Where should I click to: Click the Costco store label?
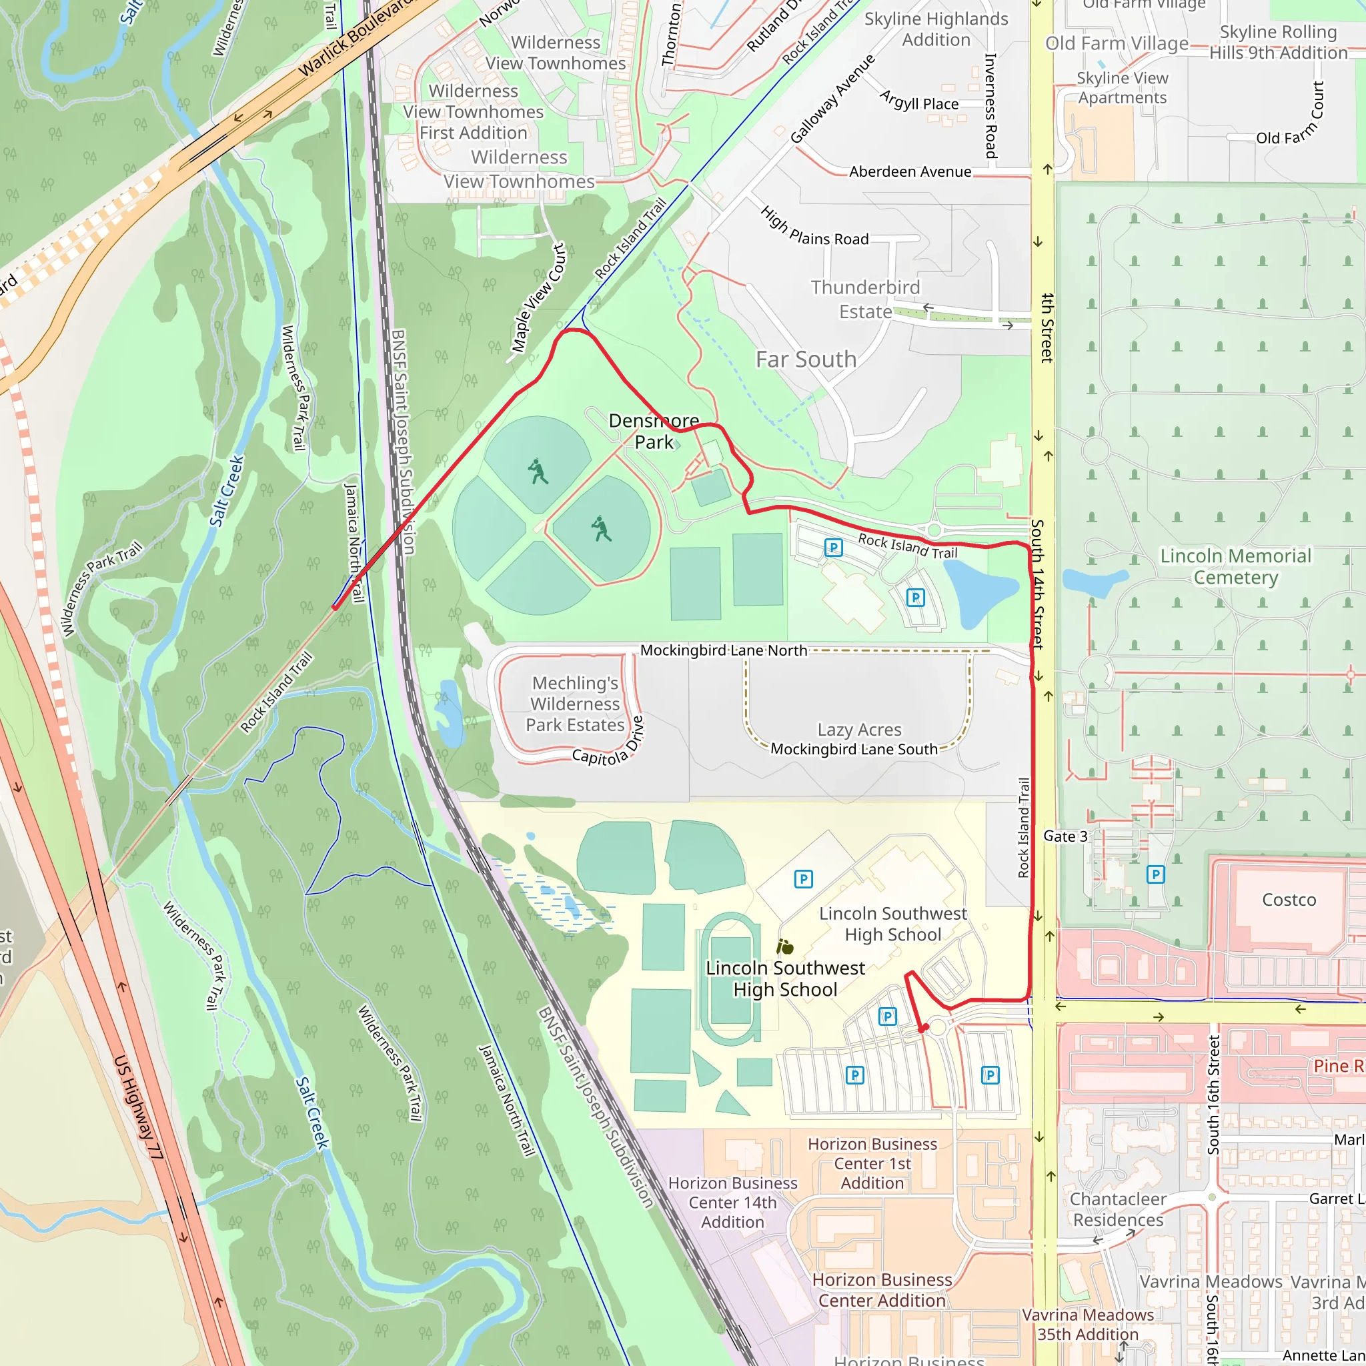tap(1289, 899)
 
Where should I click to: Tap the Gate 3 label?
tap(1065, 836)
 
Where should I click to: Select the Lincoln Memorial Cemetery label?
tap(1235, 566)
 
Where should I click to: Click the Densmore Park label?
tap(654, 432)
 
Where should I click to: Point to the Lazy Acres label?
tap(859, 729)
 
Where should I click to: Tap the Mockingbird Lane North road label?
tap(723, 650)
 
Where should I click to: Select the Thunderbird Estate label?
tap(865, 299)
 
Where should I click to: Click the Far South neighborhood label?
tap(806, 360)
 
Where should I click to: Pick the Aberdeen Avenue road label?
tap(910, 172)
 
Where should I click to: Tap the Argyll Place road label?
tap(919, 101)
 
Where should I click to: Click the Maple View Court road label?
tap(539, 297)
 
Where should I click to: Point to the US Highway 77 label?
tap(139, 1107)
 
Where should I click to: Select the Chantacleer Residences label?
tap(1118, 1209)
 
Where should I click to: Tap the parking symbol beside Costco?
tap(1155, 874)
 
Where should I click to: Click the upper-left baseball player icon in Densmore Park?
tap(538, 471)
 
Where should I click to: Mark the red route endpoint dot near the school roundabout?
tap(922, 1029)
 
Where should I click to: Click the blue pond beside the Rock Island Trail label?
tap(979, 592)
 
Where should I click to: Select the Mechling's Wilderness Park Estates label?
tap(575, 704)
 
